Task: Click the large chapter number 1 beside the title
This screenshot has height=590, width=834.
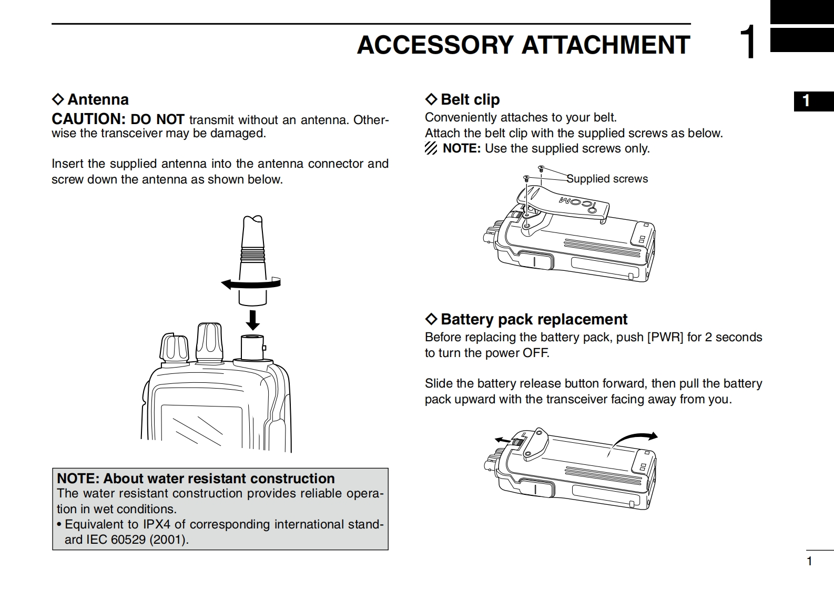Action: pos(748,42)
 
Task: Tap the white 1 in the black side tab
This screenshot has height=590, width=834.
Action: pos(806,101)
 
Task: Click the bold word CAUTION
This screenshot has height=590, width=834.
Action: pos(88,119)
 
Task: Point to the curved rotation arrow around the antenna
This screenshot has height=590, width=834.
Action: pos(250,284)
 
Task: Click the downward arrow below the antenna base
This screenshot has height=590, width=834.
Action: pos(253,320)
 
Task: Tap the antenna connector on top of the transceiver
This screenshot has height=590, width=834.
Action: pos(252,348)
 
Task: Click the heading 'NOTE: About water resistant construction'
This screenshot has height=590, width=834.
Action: pos(196,479)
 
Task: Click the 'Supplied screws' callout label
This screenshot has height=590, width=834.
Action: pos(607,179)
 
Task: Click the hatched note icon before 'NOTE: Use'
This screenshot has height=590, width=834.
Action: pos(431,149)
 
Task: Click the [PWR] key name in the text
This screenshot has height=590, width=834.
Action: pos(665,337)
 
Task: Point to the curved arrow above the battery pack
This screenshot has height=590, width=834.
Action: pos(634,440)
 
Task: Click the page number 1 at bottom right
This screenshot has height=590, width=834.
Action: pos(809,561)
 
